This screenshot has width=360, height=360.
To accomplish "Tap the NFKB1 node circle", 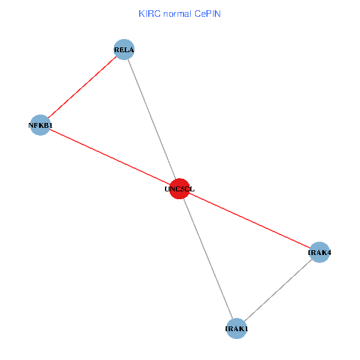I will coord(40,125).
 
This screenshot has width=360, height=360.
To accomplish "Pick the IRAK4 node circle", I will coord(319,252).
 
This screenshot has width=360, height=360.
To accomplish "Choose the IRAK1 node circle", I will coord(236,328).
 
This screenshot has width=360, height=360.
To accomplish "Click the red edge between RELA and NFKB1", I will coord(82,87).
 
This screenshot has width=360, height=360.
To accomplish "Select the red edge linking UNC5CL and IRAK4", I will coord(250,220).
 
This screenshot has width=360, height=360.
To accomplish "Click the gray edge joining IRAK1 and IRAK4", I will coord(278,290).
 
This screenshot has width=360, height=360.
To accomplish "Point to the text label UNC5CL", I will coord(179,189).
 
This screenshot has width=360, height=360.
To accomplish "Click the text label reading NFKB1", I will coord(40,125).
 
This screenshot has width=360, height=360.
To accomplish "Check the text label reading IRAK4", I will coord(319,253).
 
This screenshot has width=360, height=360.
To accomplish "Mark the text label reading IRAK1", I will coord(236,329).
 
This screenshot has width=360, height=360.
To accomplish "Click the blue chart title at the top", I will coord(179,13).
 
